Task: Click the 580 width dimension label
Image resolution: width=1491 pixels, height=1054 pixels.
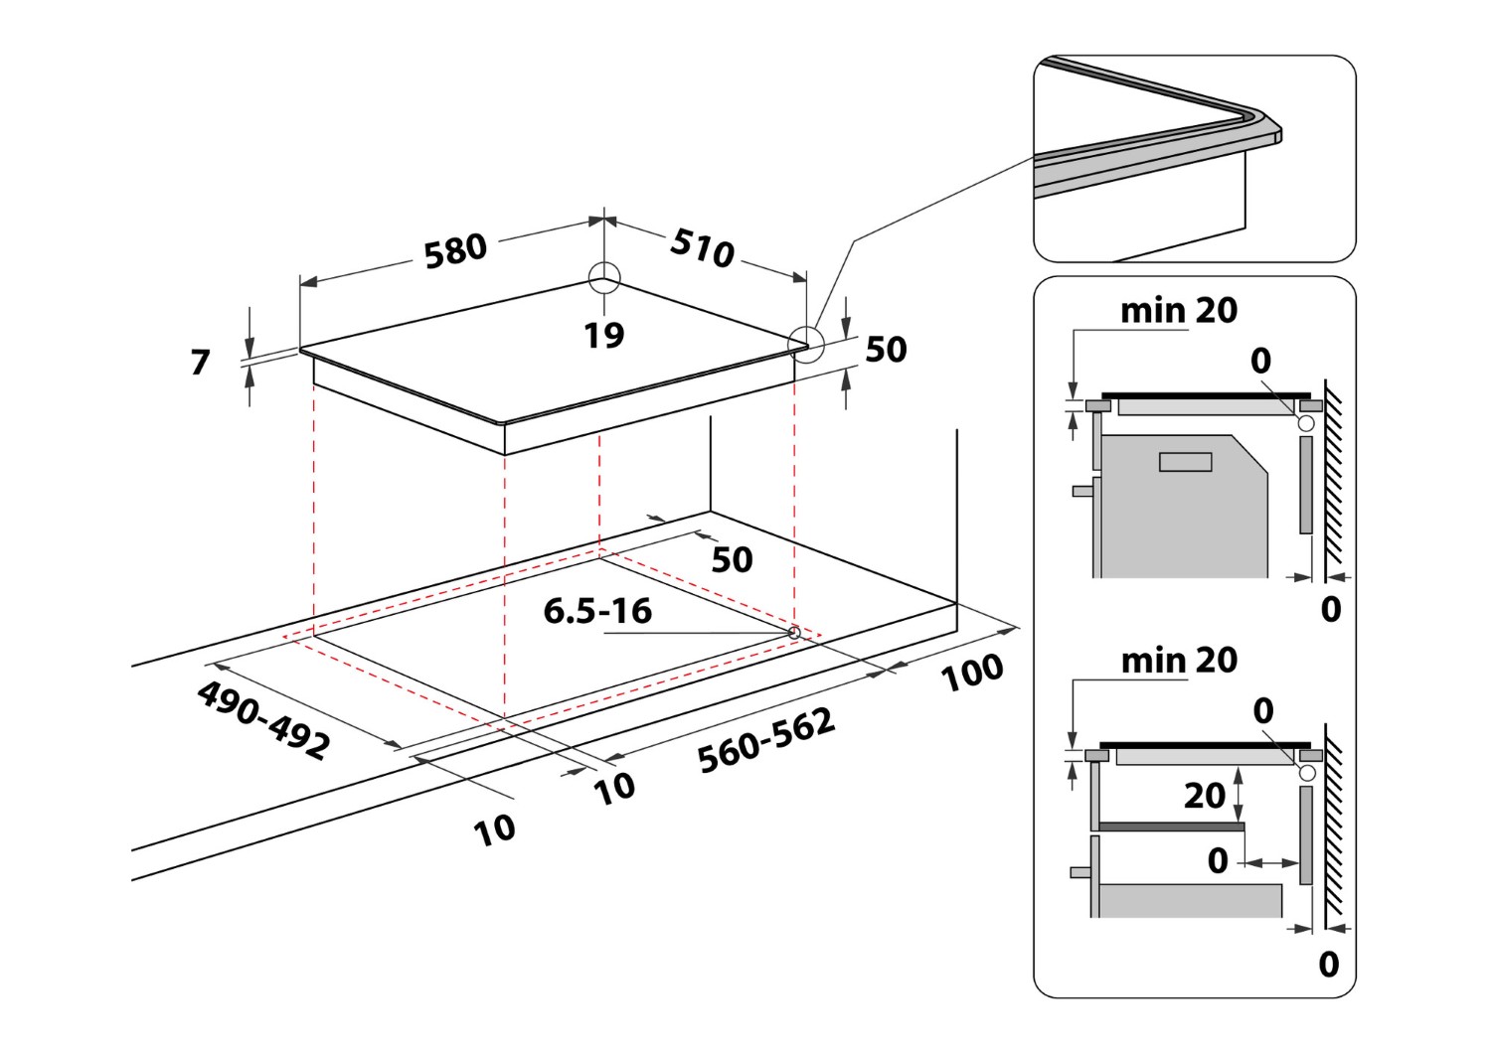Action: [455, 251]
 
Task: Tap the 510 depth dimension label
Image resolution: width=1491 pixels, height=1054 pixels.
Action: [702, 247]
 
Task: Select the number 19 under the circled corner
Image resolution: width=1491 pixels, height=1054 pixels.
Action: [603, 336]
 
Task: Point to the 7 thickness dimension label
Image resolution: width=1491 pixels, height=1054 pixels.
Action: [200, 362]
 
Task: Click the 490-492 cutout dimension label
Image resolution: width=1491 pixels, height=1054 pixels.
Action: [263, 720]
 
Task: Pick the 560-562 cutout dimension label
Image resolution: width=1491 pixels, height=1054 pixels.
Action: [765, 740]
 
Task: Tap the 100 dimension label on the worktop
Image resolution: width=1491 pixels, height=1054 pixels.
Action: [972, 673]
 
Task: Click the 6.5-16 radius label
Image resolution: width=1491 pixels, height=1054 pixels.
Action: [597, 611]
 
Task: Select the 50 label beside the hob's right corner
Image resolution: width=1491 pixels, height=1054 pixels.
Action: [886, 350]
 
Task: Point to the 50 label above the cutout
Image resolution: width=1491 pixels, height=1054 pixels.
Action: [732, 560]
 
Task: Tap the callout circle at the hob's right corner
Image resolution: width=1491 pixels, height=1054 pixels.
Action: [806, 344]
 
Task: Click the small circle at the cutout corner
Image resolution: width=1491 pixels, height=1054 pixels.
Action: [793, 632]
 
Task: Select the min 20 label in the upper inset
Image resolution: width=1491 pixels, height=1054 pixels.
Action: [1179, 311]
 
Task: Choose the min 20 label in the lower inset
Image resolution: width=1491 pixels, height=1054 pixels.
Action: [1179, 661]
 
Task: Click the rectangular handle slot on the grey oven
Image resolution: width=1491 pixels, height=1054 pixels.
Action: [1186, 462]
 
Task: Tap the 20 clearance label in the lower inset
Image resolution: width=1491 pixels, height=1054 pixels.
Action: [1204, 796]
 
